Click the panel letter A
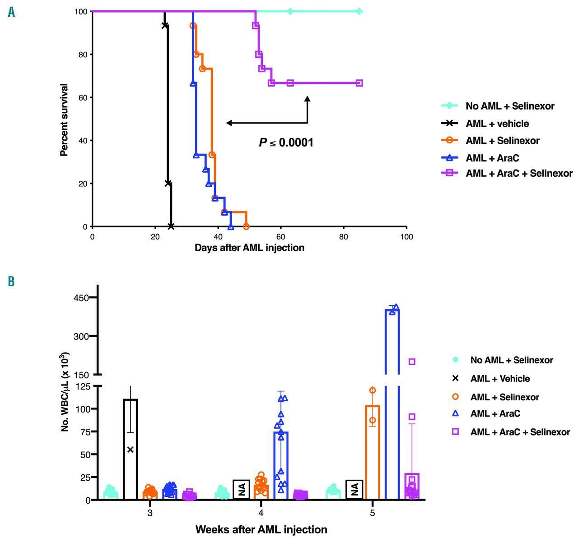click(11, 12)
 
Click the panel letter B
click(11, 281)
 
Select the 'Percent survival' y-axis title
click(64, 120)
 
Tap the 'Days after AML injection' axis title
click(249, 248)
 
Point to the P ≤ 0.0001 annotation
click(286, 142)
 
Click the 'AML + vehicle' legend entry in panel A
click(497, 123)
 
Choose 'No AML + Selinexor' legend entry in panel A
click(510, 106)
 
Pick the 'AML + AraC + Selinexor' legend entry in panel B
click(520, 432)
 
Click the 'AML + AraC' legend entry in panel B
click(495, 413)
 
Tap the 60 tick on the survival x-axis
click(281, 237)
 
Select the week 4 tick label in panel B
click(261, 513)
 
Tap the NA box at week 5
click(354, 489)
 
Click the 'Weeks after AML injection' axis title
click(261, 529)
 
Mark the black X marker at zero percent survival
click(171, 226)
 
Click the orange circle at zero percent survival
click(246, 226)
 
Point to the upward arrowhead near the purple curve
click(308, 99)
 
